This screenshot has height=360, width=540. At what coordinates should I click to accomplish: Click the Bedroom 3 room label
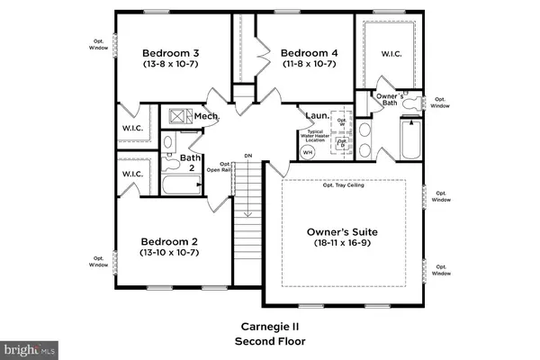(171, 53)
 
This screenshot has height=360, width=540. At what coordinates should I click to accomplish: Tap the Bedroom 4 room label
(310, 53)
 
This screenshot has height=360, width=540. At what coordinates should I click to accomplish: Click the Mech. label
(207, 116)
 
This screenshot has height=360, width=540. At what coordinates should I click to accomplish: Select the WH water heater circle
(307, 152)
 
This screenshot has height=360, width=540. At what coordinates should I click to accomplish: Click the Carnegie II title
(270, 327)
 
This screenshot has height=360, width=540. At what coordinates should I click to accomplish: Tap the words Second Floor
(270, 341)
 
